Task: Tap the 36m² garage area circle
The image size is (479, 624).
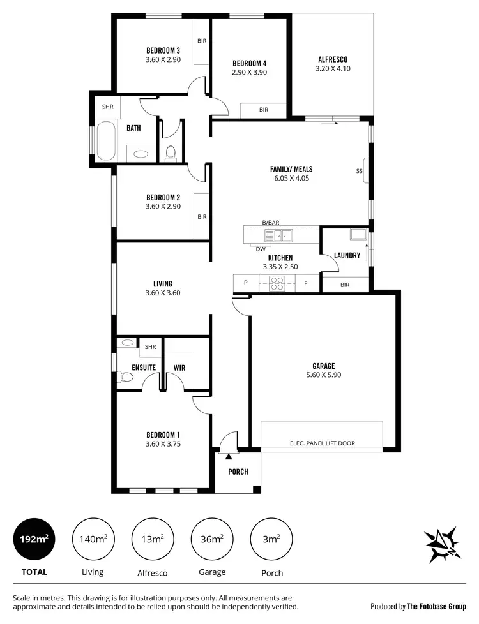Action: (x=212, y=539)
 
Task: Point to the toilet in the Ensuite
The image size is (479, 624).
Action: (x=126, y=377)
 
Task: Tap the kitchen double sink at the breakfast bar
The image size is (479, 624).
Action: (x=278, y=236)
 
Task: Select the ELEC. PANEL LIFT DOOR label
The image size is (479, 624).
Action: (x=323, y=443)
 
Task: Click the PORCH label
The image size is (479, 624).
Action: (x=238, y=472)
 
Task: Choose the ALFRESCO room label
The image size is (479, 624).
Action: (x=332, y=60)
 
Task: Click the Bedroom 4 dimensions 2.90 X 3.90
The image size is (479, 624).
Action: (x=249, y=72)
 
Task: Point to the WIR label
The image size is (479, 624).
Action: (x=179, y=368)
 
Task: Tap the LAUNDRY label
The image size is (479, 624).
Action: (x=347, y=255)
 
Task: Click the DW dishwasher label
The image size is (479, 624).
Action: (x=261, y=249)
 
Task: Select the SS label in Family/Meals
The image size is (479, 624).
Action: (x=359, y=171)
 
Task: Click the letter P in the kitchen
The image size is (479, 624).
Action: (x=245, y=283)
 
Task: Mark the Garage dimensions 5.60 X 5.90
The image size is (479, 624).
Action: (x=323, y=375)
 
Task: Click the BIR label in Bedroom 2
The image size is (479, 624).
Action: (x=202, y=217)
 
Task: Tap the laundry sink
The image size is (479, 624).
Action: (x=358, y=234)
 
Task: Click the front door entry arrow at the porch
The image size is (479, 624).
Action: (x=228, y=456)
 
